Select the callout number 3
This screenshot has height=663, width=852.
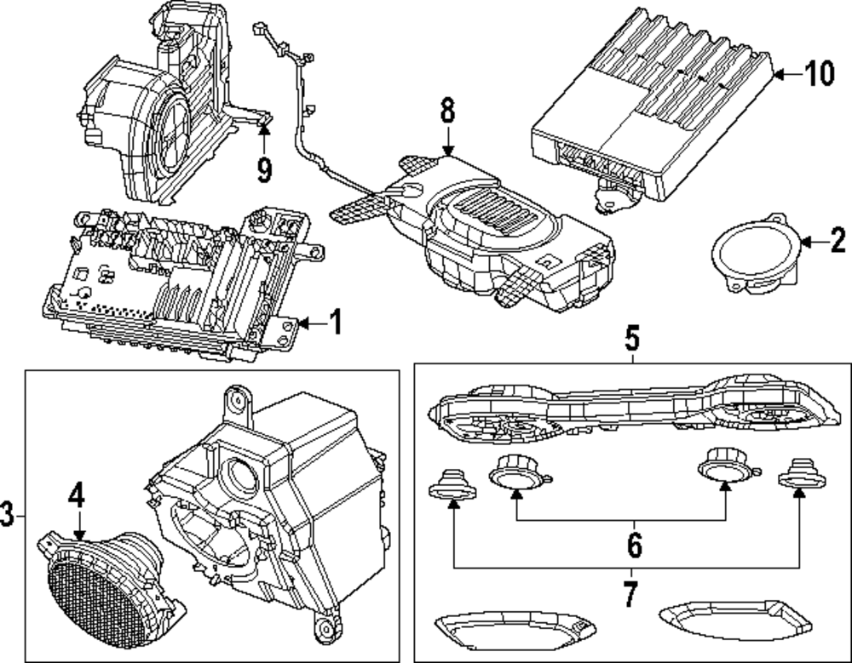point(8,515)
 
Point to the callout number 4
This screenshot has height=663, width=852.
point(78,497)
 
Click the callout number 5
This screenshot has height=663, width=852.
point(631,340)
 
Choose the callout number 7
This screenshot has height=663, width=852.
point(630,595)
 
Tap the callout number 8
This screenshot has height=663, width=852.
point(447,111)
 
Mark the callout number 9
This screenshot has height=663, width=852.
point(265,170)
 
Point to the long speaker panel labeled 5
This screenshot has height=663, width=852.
point(630,408)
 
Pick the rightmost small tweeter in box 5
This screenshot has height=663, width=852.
point(799,474)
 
